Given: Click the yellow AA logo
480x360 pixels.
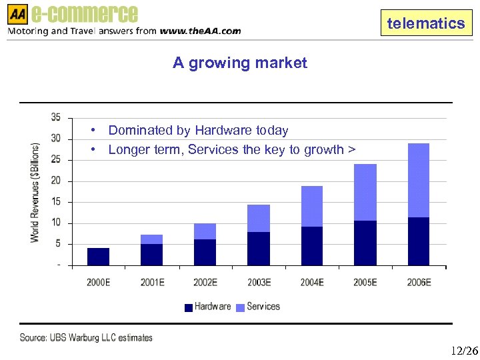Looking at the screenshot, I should (x=18, y=13).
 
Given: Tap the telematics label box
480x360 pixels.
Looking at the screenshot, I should (x=425, y=24).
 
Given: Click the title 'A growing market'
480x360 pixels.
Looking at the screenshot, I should (x=240, y=63).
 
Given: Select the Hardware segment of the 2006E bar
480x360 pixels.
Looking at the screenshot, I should (x=418, y=241).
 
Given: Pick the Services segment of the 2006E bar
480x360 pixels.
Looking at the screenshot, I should (x=418, y=181).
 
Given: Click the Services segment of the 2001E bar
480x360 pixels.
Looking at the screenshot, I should (x=151, y=239).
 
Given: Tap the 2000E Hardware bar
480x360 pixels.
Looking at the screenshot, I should (x=98, y=257).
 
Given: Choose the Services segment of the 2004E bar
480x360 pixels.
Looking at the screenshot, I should (x=311, y=207).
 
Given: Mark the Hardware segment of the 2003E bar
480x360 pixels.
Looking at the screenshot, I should (x=258, y=249).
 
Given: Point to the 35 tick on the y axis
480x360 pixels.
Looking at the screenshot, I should (x=56, y=117).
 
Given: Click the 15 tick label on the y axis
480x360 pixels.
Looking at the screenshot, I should (x=56, y=201).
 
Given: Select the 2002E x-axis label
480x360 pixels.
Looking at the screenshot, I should (x=205, y=283).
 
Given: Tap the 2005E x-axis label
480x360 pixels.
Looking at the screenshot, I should (x=365, y=283).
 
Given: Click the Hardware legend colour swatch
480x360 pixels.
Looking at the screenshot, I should (x=189, y=307).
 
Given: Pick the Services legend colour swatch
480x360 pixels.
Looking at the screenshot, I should (x=241, y=307).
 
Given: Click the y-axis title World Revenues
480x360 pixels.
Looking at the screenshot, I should (x=35, y=192).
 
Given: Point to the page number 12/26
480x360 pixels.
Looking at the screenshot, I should (x=464, y=351).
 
